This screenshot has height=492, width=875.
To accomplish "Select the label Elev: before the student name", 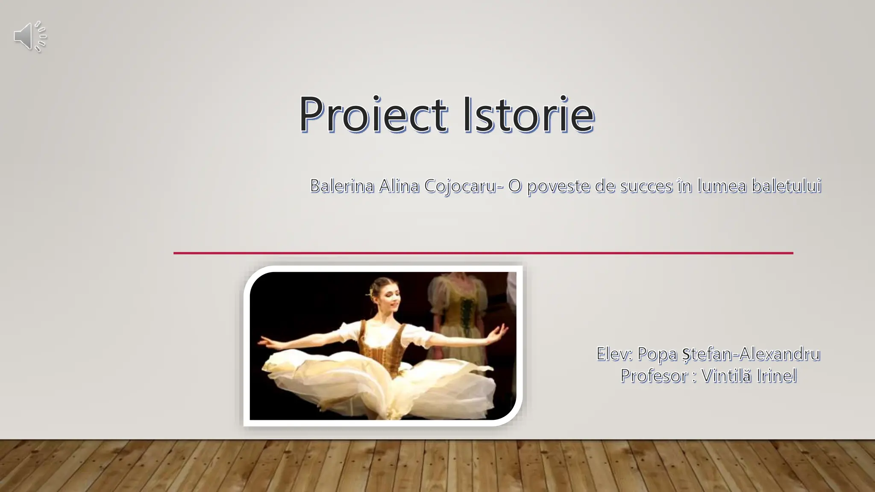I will point(614,354).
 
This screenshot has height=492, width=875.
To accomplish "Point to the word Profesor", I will point(654,376).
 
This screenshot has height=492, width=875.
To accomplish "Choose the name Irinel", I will point(776,376).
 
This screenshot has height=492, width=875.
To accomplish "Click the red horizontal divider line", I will point(483,253).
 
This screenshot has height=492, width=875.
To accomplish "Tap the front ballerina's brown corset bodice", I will point(382,348).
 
